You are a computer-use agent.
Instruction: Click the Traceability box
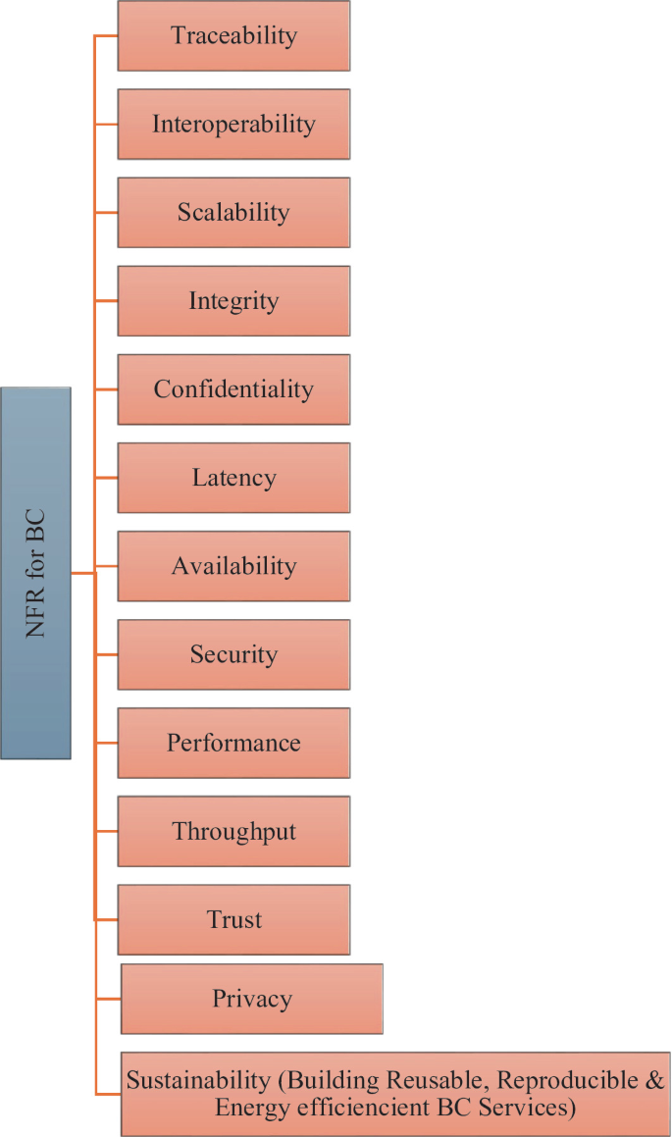(x=233, y=36)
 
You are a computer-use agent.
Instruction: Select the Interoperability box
(x=233, y=125)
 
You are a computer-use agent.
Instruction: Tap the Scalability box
(x=233, y=213)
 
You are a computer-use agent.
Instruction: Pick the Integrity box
(x=233, y=301)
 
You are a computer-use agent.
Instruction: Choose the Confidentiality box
(x=233, y=389)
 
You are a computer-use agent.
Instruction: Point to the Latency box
(x=233, y=478)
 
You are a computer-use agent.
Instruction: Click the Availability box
(x=233, y=566)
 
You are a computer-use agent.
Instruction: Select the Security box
(x=233, y=654)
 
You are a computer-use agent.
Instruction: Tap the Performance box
(x=233, y=743)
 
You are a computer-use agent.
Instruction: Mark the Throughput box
(x=233, y=832)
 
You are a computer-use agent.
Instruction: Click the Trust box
(x=233, y=920)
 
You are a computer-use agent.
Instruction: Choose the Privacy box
(x=252, y=999)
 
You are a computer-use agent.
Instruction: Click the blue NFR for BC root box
(x=36, y=573)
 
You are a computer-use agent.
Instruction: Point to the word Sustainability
(x=197, y=1081)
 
